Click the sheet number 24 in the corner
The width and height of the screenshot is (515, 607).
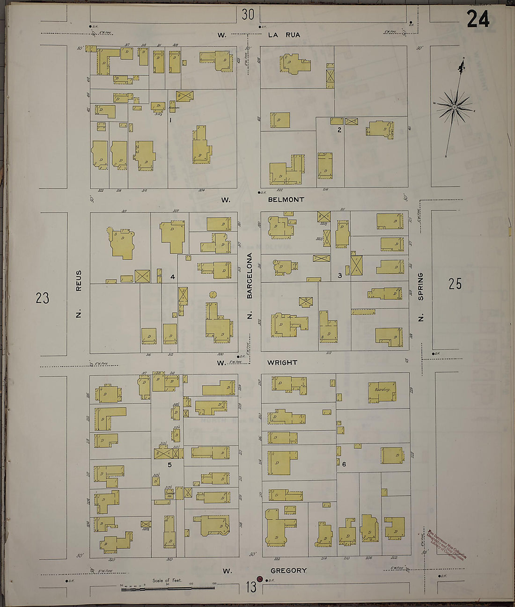click(478, 19)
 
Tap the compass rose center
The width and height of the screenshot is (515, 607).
click(454, 108)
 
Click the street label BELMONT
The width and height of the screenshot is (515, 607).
click(286, 199)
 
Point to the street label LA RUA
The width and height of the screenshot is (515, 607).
click(284, 35)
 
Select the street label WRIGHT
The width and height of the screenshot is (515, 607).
click(282, 362)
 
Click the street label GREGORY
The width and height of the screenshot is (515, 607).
click(288, 570)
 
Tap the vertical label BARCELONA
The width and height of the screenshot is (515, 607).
click(250, 276)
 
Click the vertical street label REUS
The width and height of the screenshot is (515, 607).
click(79, 280)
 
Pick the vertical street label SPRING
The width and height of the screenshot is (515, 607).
click(420, 286)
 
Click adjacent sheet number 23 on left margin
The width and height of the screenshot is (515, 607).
click(42, 298)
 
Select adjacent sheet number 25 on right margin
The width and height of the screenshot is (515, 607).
click(455, 284)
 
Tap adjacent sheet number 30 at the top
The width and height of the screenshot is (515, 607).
click(248, 15)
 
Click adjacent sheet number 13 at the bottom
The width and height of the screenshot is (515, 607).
click(251, 587)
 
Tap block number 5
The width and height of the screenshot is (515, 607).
click(169, 465)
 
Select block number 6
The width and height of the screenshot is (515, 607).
click(344, 464)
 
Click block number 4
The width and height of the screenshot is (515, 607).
click(172, 277)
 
